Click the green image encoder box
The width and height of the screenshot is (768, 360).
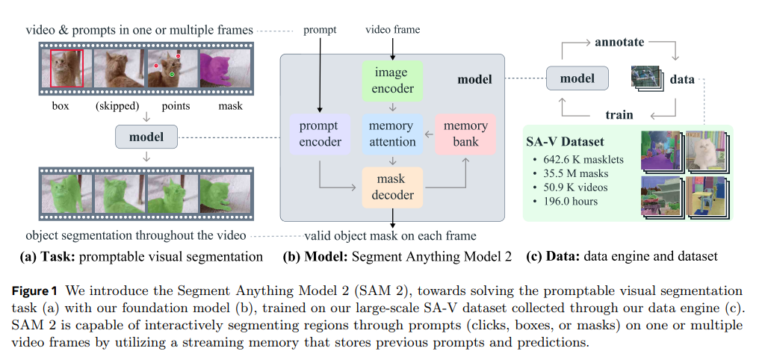click(x=392, y=81)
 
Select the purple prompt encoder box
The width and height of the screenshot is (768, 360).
click(x=319, y=134)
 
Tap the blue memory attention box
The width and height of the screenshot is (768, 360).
click(x=392, y=134)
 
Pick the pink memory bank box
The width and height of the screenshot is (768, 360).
click(x=465, y=134)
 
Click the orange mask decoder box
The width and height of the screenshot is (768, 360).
click(x=392, y=187)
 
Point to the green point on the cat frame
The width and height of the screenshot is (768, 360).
click(x=172, y=75)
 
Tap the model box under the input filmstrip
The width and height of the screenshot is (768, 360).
click(x=146, y=137)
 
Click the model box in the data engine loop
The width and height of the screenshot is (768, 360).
click(x=577, y=78)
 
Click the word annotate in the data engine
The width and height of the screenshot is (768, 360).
click(x=619, y=43)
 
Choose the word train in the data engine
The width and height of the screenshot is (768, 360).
click(x=619, y=115)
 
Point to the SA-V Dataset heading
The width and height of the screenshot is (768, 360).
click(x=566, y=142)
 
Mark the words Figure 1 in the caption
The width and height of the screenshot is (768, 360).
click(x=43, y=291)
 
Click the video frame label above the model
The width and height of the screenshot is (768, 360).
click(x=392, y=30)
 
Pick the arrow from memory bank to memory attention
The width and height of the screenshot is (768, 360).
click(x=427, y=134)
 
